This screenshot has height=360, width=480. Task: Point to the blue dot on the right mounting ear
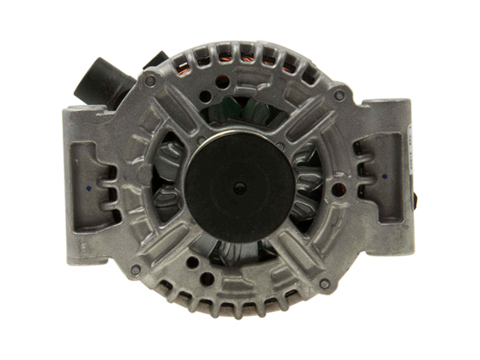tap(384, 178)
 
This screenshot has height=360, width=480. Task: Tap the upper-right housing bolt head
tap(339, 97)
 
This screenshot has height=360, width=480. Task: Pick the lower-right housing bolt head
tap(324, 284)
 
